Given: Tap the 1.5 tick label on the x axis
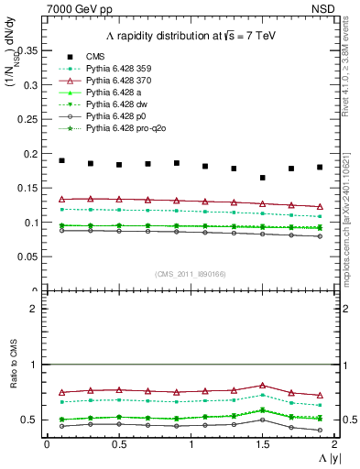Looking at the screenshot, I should click(262, 444).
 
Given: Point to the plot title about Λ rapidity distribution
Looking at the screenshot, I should click(183, 35).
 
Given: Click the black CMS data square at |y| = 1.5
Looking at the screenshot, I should click(262, 178).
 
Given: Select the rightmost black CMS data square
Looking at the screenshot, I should click(320, 168).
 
